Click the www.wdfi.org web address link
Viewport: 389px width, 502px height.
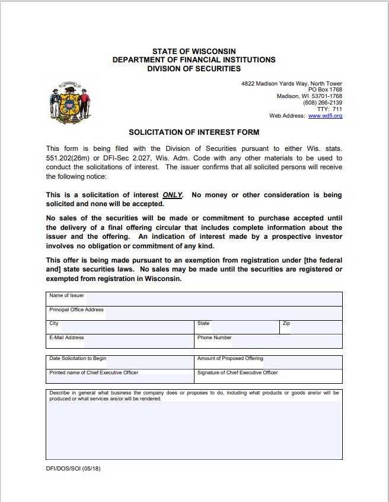point(325,116)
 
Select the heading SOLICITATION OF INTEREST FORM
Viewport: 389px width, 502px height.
point(194,132)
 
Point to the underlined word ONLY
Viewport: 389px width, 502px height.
point(173,195)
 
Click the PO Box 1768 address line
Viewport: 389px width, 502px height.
point(325,90)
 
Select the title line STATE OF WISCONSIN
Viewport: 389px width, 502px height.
point(194,52)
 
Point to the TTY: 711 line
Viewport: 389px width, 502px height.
point(330,109)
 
